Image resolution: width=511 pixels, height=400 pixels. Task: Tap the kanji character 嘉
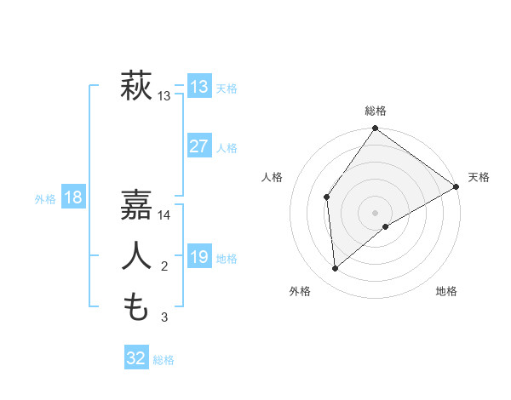pos(136,205)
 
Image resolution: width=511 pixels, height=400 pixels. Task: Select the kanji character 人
pos(136,256)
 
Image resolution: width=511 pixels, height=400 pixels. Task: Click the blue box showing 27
pos(198,146)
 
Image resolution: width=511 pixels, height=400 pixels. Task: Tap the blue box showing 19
pos(198,257)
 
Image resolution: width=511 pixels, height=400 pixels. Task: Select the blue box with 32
pos(136,358)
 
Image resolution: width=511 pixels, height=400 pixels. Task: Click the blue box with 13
pos(198,87)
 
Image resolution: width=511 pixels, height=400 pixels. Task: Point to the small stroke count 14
pos(164,215)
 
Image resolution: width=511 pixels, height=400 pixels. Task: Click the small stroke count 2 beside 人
pos(164,267)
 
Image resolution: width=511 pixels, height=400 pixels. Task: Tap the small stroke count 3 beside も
pos(164,317)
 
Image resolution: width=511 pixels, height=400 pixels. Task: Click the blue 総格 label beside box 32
pos(164,360)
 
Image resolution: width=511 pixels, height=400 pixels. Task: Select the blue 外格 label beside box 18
pos(45,199)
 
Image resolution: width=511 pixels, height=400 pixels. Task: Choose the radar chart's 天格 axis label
pos(479,177)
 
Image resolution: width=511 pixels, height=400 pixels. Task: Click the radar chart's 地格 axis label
pos(446,291)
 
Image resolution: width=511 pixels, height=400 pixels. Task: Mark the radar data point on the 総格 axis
pos(375,129)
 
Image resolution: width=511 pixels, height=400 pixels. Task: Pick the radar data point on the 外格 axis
pos(336,269)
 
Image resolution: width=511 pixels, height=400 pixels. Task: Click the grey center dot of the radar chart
pos(375,212)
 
